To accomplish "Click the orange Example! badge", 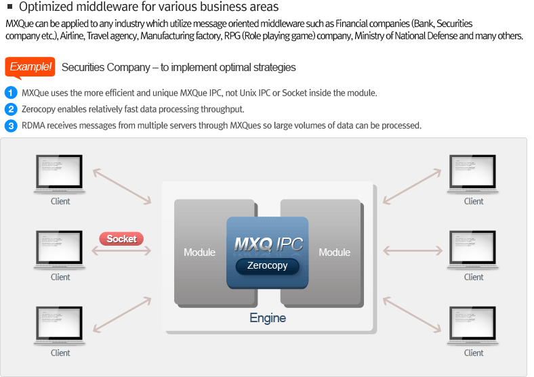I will (30, 67).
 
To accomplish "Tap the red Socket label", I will (121, 239).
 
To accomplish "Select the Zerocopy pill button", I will (267, 266).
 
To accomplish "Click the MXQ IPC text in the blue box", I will (268, 244).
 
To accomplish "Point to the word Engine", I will (268, 318).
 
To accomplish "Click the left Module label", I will (199, 252).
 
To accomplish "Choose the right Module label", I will (335, 252).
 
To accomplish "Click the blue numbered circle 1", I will (11, 93).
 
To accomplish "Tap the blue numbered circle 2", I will (11, 109).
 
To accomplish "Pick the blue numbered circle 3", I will (11, 125).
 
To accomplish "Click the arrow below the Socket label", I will (121, 251).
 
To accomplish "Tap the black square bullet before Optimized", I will (10, 7).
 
